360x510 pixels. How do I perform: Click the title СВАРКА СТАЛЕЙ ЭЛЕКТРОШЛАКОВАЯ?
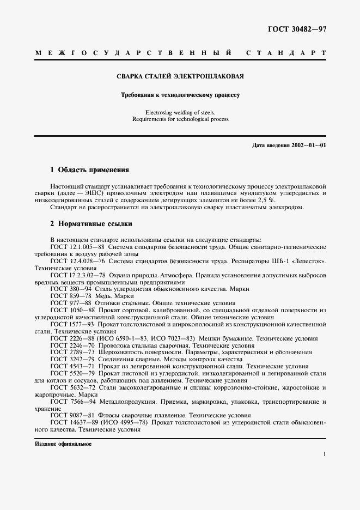[x=180, y=76]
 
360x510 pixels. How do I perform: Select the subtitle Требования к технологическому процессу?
[x=180, y=95]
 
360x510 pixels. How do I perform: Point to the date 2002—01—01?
[x=306, y=145]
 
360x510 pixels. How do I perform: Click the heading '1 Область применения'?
[x=89, y=169]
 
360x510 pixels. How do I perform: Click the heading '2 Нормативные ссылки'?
[x=91, y=223]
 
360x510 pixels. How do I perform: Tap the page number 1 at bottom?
[x=324, y=454]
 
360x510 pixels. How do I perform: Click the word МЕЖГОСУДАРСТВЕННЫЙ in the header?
[x=134, y=53]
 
